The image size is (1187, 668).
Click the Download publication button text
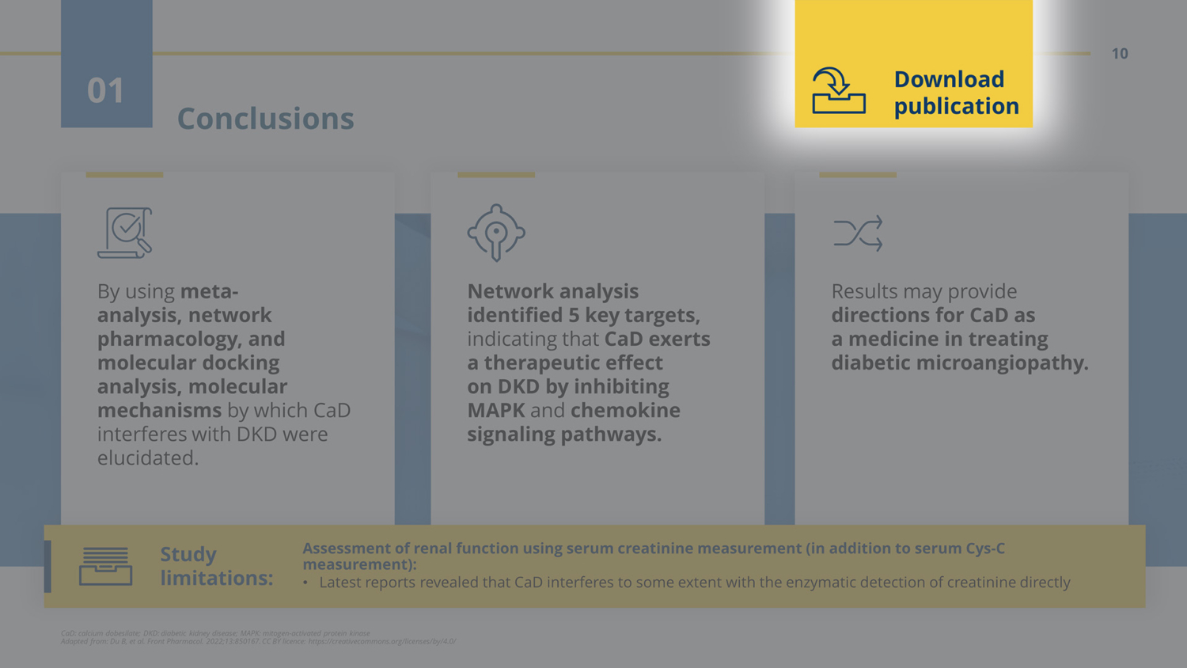click(x=956, y=93)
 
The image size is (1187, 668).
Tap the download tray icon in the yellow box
click(x=838, y=91)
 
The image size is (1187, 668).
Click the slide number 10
click(x=1119, y=54)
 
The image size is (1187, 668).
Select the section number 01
click(x=106, y=91)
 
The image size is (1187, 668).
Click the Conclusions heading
click(x=265, y=119)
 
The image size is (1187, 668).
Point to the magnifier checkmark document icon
click(x=125, y=233)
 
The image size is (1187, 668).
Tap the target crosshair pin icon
click(x=496, y=233)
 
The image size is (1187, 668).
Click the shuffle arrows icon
click(x=858, y=233)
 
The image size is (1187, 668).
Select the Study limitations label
click(x=216, y=566)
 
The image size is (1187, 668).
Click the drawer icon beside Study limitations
click(x=105, y=566)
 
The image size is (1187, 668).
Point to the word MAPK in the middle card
click(x=495, y=410)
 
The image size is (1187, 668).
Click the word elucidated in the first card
click(x=147, y=457)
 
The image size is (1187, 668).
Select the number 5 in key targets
click(x=574, y=315)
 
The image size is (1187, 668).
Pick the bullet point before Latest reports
click(x=305, y=583)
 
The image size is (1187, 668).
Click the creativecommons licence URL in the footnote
click(x=381, y=641)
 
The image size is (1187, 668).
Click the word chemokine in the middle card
click(x=625, y=410)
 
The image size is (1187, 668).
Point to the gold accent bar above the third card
click(x=858, y=174)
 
